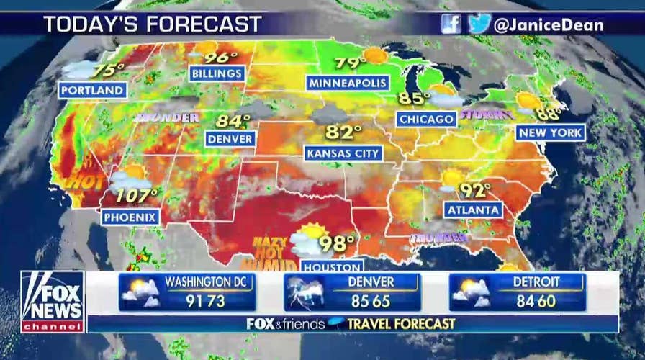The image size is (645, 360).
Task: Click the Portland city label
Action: pos(93,91)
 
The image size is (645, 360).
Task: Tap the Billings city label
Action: pos(217,73)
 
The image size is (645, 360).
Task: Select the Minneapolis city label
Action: pos(348,83)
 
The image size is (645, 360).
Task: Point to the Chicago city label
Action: pos(427,119)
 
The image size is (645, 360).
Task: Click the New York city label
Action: pos(551,132)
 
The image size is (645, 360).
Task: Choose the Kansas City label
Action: pos(343,153)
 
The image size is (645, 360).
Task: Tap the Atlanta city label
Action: pos(473,210)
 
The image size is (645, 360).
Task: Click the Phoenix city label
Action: pos(130,216)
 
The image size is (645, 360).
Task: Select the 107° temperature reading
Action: pos(137,195)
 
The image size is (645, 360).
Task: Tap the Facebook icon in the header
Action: pos(451,24)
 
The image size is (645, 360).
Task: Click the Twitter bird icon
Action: pos(477,24)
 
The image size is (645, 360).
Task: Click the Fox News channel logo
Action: pos(52,302)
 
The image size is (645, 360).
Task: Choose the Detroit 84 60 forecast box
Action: pos(518,292)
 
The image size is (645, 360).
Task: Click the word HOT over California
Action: pos(84,182)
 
